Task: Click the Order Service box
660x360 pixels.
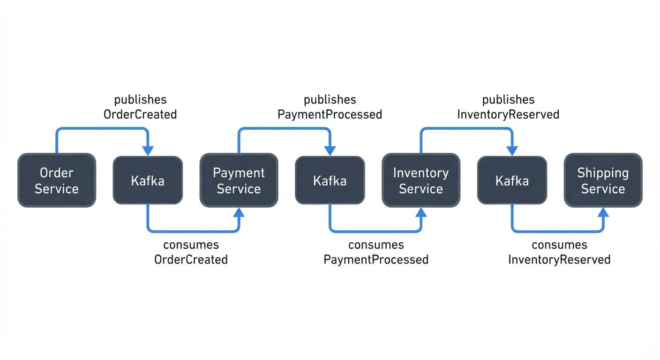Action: click(57, 180)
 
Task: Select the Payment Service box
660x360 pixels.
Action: click(239, 180)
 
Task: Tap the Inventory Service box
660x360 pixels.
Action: click(420, 180)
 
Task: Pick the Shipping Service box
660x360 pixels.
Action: click(603, 180)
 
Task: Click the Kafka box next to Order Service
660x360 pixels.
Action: click(148, 180)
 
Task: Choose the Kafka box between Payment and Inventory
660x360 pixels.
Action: click(330, 180)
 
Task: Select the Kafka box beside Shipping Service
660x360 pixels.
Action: click(512, 180)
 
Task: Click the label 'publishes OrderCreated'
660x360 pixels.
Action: click(140, 107)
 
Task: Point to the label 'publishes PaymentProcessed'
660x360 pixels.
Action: click(330, 107)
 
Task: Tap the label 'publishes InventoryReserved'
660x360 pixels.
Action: click(508, 107)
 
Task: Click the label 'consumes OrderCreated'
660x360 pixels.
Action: click(191, 252)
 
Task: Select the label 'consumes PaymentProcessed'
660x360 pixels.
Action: click(376, 252)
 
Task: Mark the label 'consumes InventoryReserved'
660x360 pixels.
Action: click(559, 252)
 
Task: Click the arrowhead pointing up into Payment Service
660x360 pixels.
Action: click(239, 213)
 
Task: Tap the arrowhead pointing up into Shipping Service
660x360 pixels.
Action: click(603, 213)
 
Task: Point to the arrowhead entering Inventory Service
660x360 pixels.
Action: click(421, 213)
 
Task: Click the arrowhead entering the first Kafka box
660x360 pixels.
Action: click(148, 150)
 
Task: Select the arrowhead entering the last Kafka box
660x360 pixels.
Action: click(512, 150)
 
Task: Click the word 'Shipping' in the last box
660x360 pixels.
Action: click(603, 173)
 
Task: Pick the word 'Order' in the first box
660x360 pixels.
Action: click(57, 173)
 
